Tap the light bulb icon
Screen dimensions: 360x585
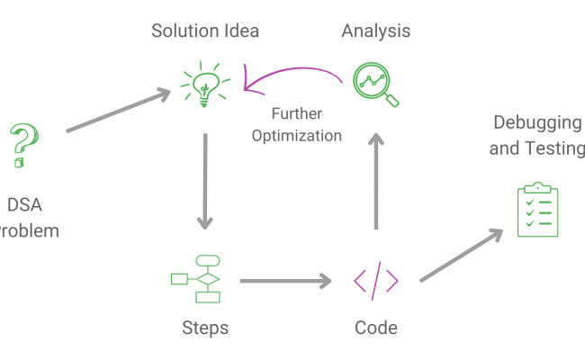(x=204, y=83)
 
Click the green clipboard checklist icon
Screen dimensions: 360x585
(x=538, y=211)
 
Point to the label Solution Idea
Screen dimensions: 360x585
(x=205, y=31)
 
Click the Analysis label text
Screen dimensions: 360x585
(x=376, y=31)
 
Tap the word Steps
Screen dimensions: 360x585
(x=204, y=328)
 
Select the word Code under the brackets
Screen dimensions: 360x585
(x=376, y=328)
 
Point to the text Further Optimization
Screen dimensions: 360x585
(x=297, y=125)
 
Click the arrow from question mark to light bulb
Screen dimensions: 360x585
(x=117, y=111)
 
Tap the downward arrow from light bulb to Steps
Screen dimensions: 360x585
(x=206, y=180)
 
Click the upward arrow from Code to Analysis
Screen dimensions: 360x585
(x=376, y=180)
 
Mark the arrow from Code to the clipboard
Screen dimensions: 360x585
(x=461, y=255)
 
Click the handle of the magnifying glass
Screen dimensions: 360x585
(x=391, y=100)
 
